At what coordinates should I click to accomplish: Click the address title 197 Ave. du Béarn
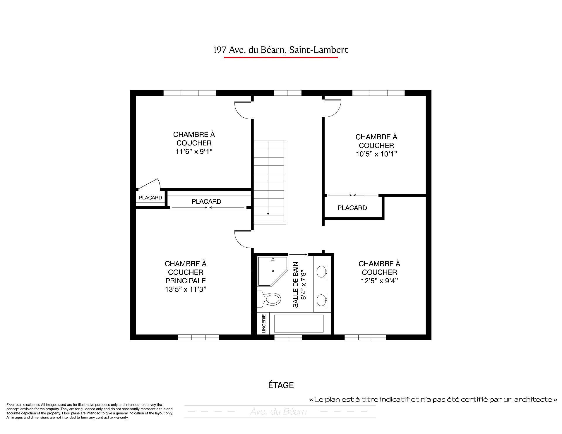point(249,50)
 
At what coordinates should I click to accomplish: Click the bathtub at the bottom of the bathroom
point(299,323)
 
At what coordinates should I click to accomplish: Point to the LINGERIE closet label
point(264,324)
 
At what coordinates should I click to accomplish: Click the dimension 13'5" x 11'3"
point(186,289)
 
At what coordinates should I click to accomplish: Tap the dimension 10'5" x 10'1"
point(376,154)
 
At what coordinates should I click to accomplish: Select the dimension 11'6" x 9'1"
point(194,152)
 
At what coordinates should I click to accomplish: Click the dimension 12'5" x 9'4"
point(379,281)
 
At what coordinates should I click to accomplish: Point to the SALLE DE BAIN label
point(296,285)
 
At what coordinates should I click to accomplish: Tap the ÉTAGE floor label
point(281,385)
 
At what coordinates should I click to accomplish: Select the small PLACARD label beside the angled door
point(150,198)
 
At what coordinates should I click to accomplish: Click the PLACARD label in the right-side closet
point(352,208)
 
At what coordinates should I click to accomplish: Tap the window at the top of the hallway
point(288,93)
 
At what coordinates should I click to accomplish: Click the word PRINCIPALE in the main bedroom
point(186,281)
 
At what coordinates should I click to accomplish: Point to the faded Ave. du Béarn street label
point(278,412)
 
